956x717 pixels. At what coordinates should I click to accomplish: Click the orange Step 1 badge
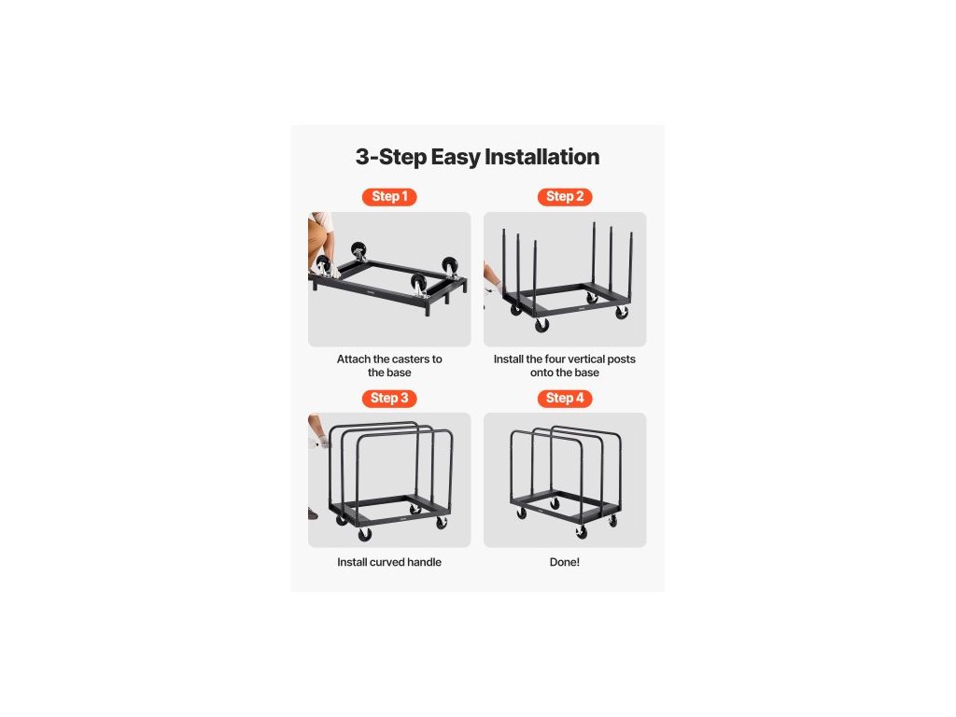tap(389, 196)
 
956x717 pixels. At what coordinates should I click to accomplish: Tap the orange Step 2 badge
tap(565, 196)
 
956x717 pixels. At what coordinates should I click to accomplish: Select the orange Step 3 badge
tap(389, 398)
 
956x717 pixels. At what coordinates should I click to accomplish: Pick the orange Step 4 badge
tap(565, 398)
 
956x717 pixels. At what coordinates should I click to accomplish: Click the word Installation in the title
tap(542, 157)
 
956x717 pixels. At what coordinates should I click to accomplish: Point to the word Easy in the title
tap(456, 157)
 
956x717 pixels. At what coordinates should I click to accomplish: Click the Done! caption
tap(565, 562)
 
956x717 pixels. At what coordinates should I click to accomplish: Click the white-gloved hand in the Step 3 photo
tap(321, 441)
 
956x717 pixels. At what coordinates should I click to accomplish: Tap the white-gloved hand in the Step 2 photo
tap(496, 288)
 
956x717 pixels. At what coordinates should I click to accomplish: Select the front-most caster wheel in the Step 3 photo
tap(365, 535)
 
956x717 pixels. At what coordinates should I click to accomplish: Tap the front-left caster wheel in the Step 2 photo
tap(541, 326)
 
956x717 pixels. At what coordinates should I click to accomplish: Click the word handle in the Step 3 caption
tap(426, 562)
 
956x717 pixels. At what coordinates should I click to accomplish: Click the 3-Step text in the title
tap(391, 157)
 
